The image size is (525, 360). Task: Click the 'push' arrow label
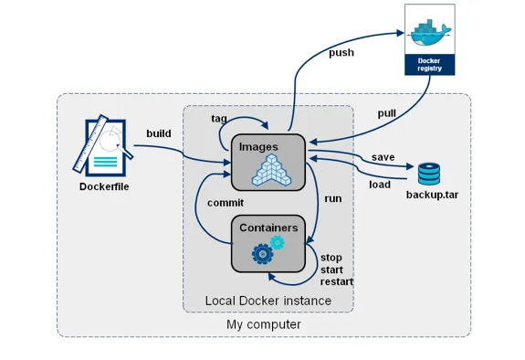[341, 53]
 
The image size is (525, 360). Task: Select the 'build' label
[159, 133]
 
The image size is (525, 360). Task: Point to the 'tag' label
[219, 119]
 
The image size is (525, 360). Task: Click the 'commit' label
[225, 202]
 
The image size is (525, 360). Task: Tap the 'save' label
[383, 157]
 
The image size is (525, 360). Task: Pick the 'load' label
[379, 184]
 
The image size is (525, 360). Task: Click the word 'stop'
[331, 258]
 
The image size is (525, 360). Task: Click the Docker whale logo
[428, 33]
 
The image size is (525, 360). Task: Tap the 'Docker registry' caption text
[428, 64]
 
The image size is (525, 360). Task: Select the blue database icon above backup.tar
[428, 174]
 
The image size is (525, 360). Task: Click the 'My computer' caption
[263, 324]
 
